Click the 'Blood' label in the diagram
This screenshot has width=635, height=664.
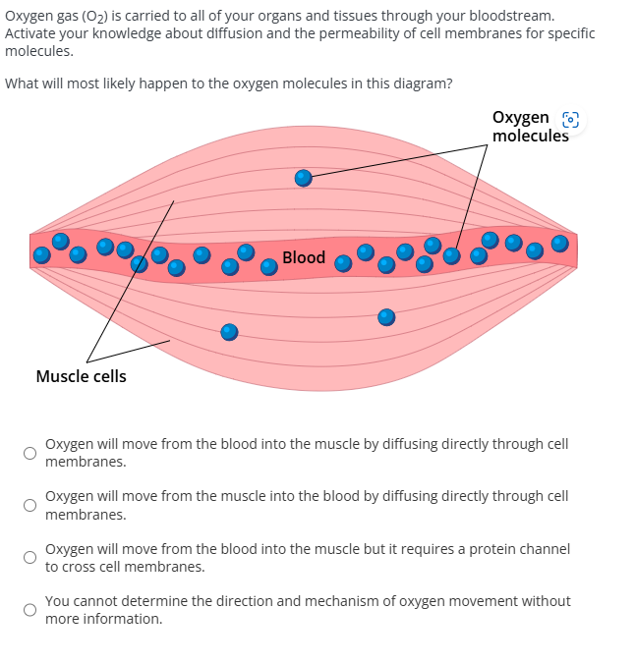coord(303,257)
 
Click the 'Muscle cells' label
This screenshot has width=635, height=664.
coord(81,376)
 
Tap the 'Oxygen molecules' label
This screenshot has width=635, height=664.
coord(530,127)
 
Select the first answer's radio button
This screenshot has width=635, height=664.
coord(30,453)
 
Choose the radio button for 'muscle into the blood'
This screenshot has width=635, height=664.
coord(30,506)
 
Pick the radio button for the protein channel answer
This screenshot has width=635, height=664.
coord(30,558)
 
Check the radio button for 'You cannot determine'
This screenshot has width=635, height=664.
coord(30,610)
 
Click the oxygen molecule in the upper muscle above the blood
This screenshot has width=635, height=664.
coord(304,178)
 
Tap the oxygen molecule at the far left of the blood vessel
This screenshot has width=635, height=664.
coord(41,255)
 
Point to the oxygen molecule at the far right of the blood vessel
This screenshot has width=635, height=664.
coord(559,243)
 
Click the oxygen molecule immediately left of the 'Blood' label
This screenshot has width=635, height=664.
coord(268,266)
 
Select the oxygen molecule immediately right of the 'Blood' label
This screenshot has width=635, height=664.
coord(343,263)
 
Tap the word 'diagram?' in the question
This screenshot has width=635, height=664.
coord(424,83)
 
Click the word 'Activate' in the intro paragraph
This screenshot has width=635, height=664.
coord(30,33)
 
